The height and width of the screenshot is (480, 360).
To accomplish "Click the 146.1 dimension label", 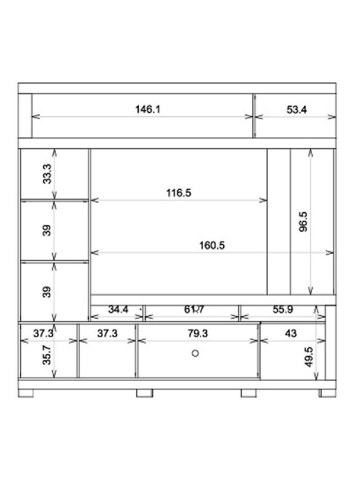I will click(x=148, y=109).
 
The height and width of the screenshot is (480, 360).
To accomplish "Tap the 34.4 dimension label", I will click(x=118, y=309).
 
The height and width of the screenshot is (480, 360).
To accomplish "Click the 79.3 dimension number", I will click(x=198, y=334).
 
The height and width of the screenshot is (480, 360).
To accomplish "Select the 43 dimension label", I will click(x=291, y=334).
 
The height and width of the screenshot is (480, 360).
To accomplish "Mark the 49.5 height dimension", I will click(x=309, y=357).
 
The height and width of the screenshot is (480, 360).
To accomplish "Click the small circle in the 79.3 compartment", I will click(x=195, y=353).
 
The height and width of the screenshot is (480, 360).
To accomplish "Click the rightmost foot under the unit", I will click(x=323, y=393).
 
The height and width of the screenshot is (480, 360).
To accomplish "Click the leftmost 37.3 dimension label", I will click(x=44, y=334).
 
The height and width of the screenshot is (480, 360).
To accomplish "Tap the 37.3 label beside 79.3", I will click(x=108, y=334).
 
